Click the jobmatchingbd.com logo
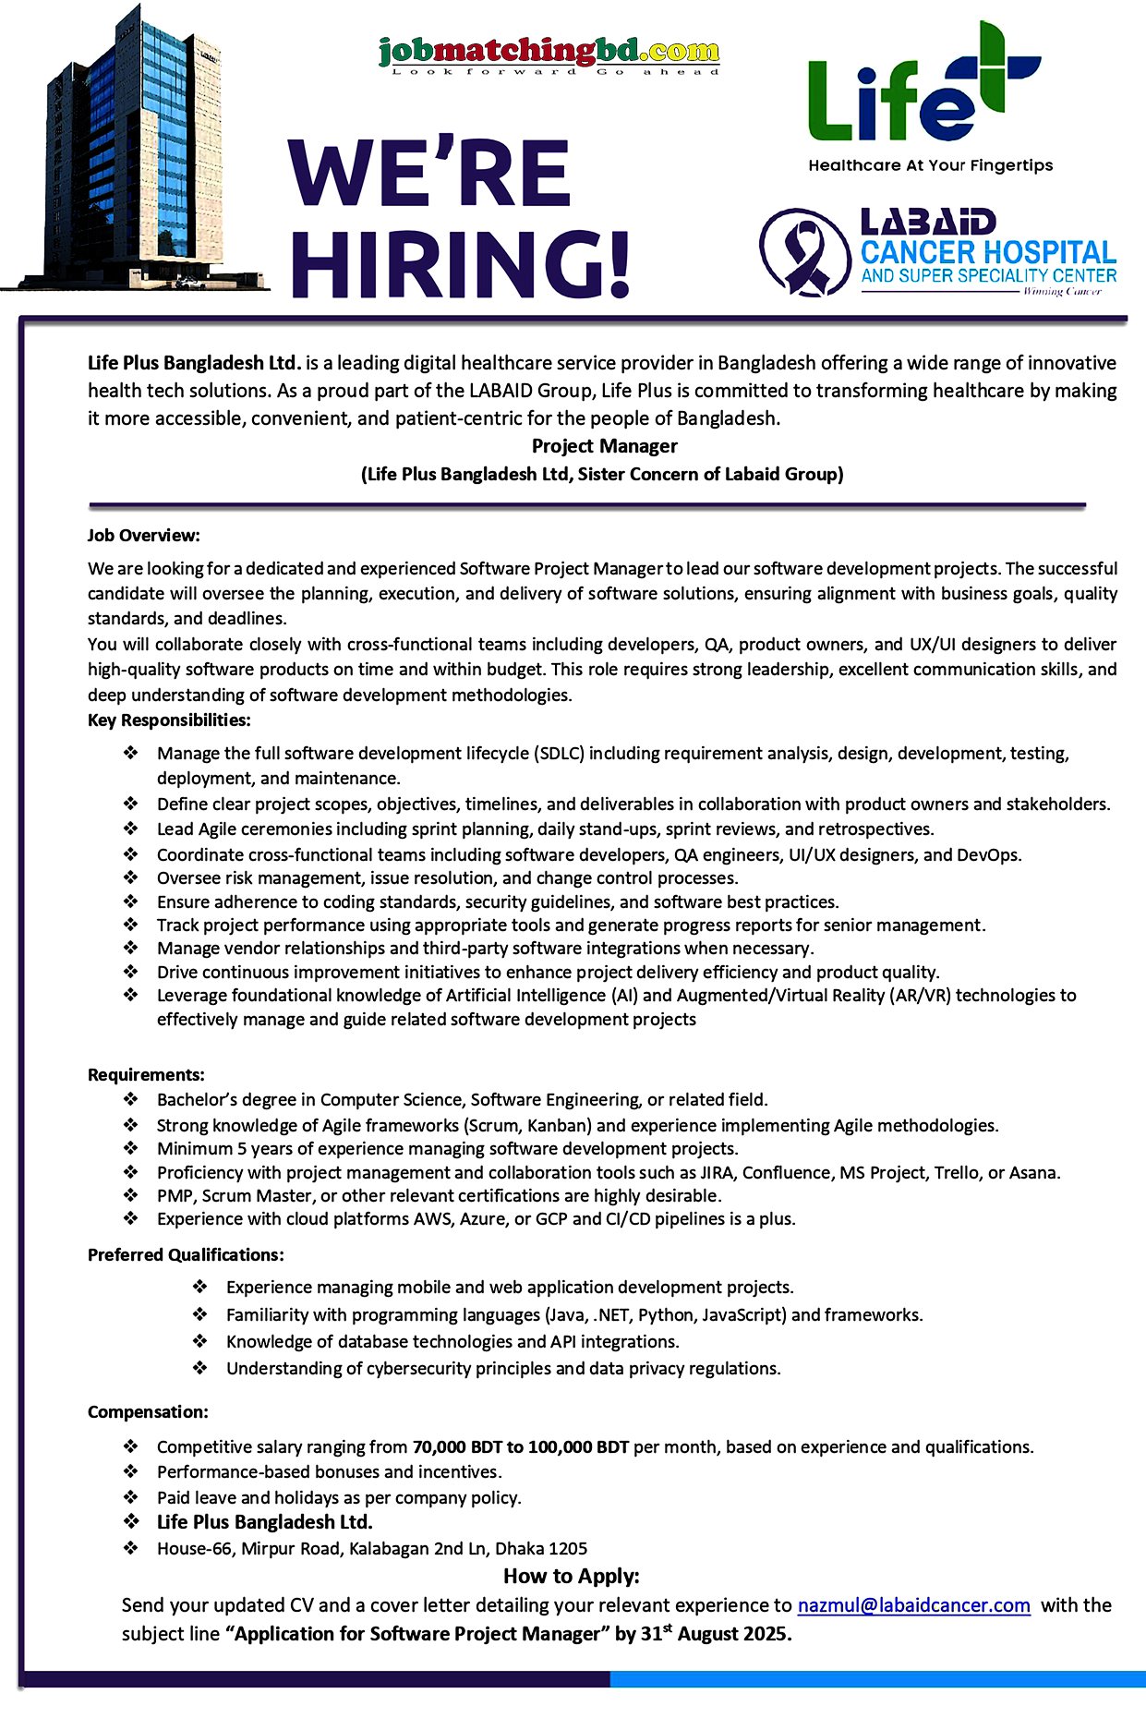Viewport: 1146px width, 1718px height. pos(549,54)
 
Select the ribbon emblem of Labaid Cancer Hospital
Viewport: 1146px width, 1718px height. pos(802,251)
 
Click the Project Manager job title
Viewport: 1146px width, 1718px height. pos(604,446)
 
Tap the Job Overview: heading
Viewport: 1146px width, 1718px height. pos(143,536)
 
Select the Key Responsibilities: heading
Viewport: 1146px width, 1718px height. pos(169,720)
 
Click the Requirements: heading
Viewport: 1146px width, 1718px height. pos(146,1075)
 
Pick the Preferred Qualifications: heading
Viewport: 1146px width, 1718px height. pos(186,1255)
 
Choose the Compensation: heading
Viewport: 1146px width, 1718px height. pos(148,1412)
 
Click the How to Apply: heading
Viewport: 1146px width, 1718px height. pos(571,1576)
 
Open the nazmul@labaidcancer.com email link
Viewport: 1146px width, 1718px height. pos(913,1605)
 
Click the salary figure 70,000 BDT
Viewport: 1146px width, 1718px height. pos(456,1447)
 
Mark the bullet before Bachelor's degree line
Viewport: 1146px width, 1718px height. pos(131,1100)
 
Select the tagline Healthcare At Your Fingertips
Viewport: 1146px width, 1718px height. pos(930,166)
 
